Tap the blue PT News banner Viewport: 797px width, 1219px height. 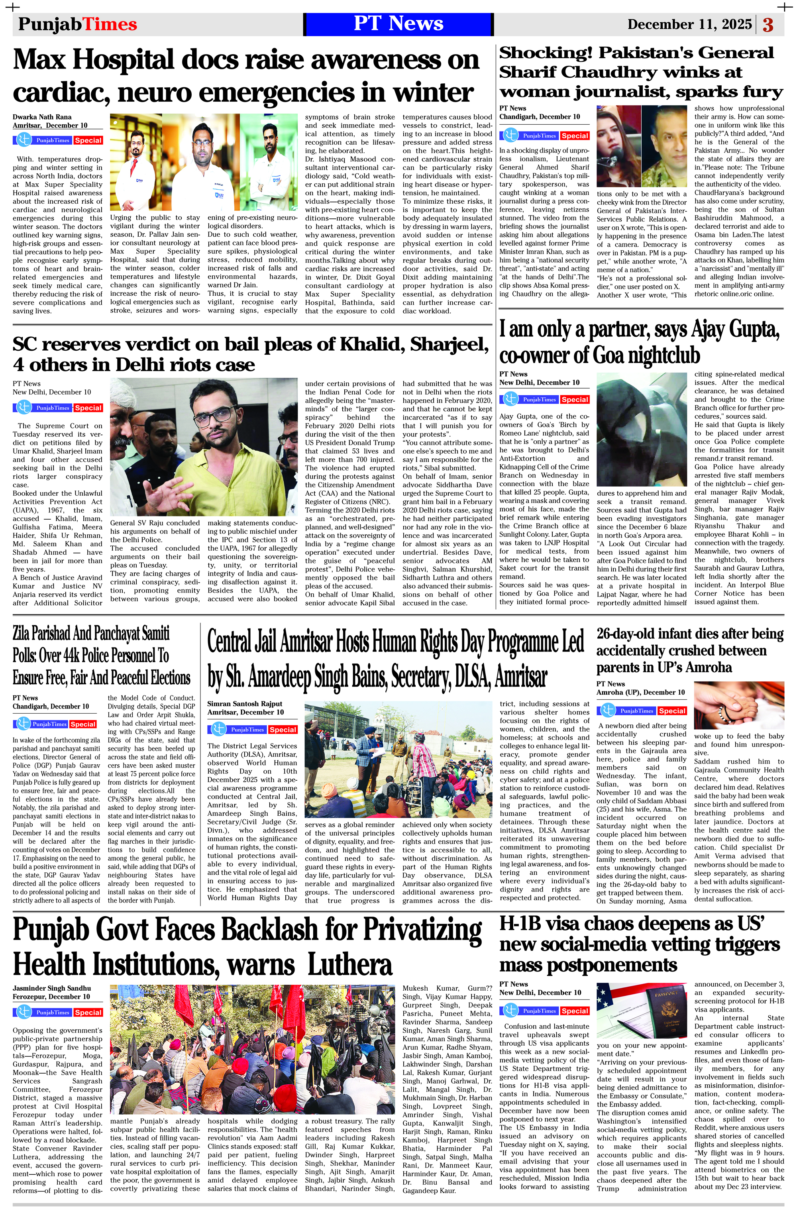click(x=398, y=24)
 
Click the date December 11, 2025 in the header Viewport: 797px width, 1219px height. click(x=689, y=24)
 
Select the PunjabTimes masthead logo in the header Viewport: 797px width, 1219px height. click(x=77, y=24)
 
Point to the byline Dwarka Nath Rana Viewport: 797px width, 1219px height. click(x=42, y=117)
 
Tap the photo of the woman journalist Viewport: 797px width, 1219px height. click(x=618, y=146)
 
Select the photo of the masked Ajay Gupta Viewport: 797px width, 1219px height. click(x=641, y=429)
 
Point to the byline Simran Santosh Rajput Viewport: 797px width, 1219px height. click(x=245, y=703)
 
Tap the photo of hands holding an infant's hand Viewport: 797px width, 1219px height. click(x=738, y=705)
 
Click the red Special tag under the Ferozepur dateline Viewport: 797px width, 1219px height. click(x=88, y=1013)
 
